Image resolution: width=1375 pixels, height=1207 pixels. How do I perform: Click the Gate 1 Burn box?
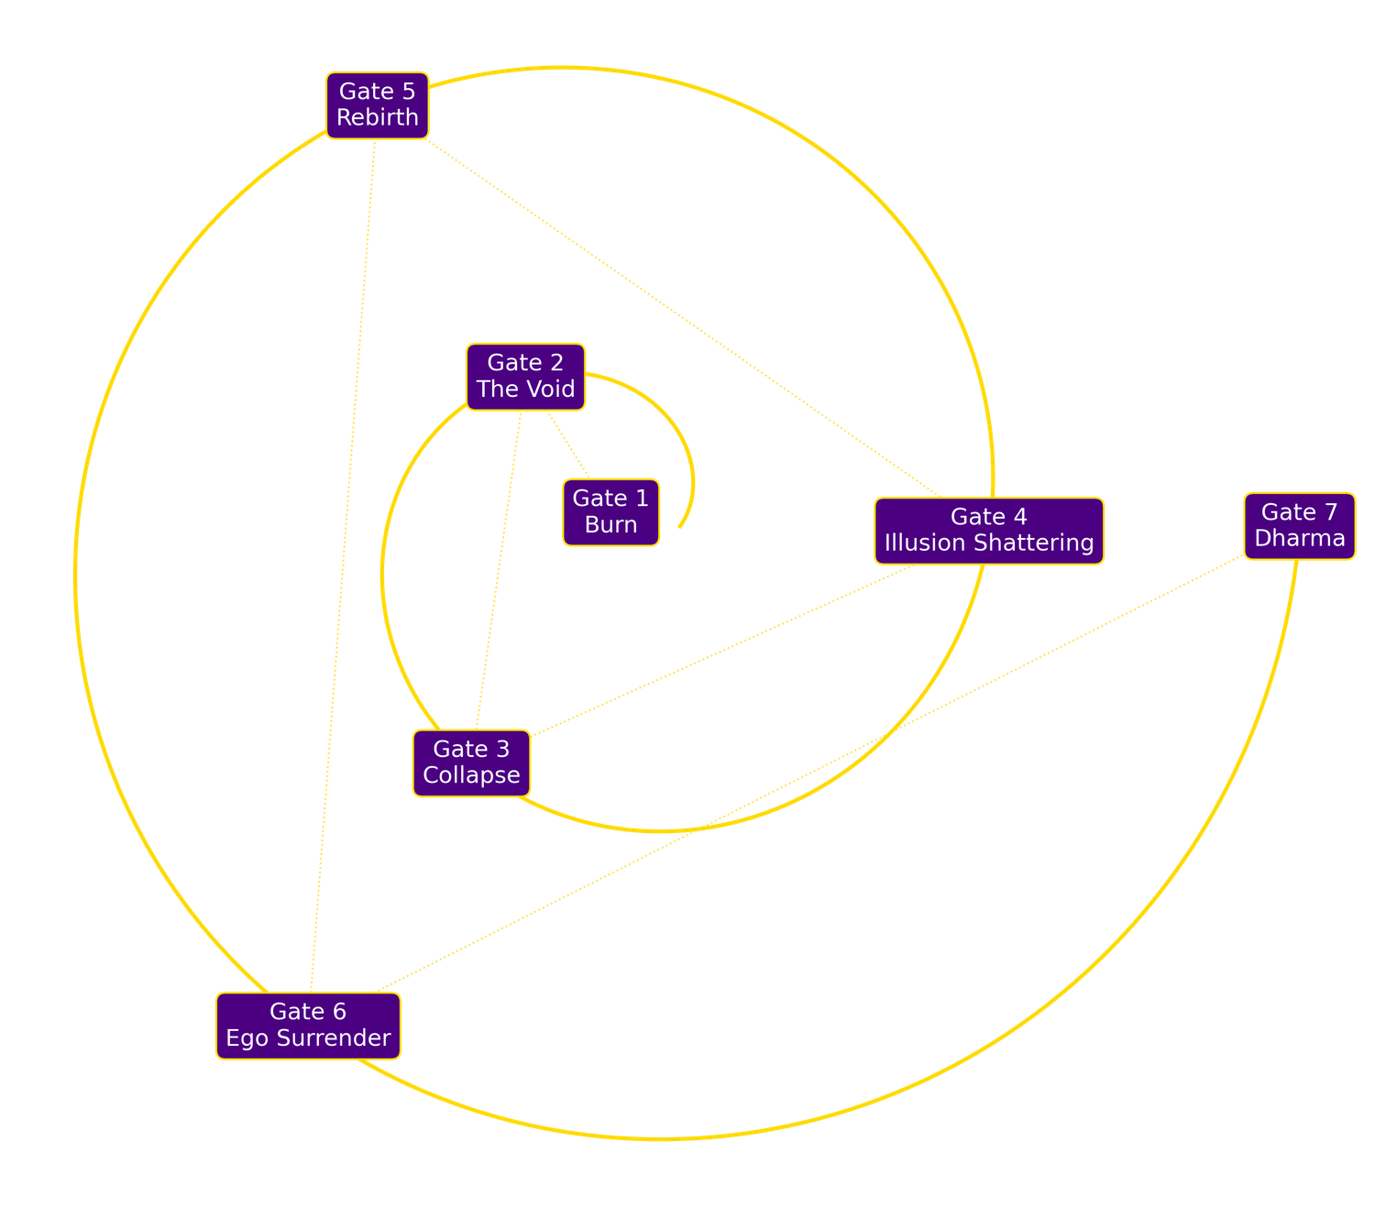click(x=610, y=511)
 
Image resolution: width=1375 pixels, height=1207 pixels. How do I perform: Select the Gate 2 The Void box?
click(x=525, y=376)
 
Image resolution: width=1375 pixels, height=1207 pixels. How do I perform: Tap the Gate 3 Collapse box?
click(x=471, y=763)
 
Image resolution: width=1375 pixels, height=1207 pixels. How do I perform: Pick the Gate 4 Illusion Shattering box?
click(x=988, y=530)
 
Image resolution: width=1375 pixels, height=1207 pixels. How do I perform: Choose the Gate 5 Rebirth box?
click(x=377, y=104)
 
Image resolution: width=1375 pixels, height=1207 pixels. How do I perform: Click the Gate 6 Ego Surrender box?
click(x=308, y=1026)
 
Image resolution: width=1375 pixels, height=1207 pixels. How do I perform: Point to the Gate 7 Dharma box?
click(x=1299, y=525)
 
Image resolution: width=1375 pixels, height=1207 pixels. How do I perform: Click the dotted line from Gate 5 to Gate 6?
click(x=343, y=550)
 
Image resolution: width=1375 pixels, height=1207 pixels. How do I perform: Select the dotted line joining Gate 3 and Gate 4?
click(x=724, y=649)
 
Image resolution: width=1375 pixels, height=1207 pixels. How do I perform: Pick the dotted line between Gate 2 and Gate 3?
click(x=498, y=568)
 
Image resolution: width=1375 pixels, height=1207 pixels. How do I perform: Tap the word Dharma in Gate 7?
click(x=1299, y=538)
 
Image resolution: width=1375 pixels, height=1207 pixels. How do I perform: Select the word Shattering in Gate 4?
click(x=1035, y=543)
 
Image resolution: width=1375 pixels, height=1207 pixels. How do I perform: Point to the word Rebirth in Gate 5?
click(x=377, y=117)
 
